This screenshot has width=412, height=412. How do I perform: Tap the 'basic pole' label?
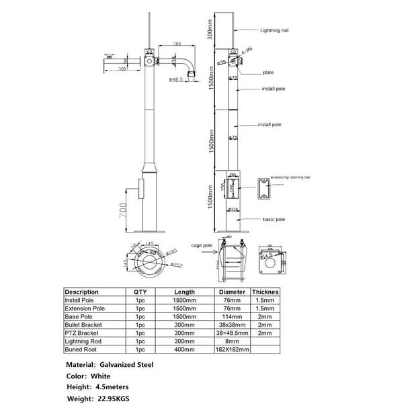[x=275, y=219]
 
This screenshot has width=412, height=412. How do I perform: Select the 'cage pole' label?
[x=202, y=247]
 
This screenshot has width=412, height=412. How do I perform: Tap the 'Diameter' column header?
[x=232, y=292]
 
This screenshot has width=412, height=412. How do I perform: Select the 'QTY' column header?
[x=140, y=292]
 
